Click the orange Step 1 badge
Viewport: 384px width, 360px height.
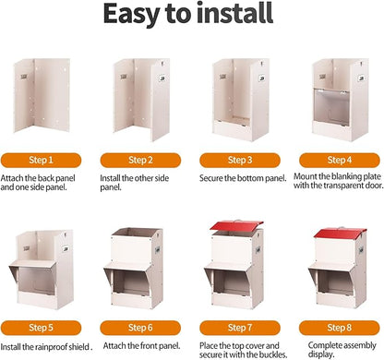click(x=41, y=161)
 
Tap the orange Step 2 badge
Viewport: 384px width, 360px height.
click(x=140, y=161)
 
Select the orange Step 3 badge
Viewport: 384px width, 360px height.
click(x=240, y=161)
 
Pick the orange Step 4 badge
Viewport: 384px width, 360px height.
click(x=340, y=161)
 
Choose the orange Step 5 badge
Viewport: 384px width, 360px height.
click(x=41, y=328)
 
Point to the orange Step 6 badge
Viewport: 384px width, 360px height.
click(x=140, y=328)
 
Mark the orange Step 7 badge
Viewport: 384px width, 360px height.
click(x=240, y=328)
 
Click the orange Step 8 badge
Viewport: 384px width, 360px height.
click(x=340, y=328)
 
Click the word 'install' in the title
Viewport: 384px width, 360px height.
click(x=235, y=13)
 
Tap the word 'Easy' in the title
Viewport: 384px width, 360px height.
click(x=131, y=15)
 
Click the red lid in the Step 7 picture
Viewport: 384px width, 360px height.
click(x=236, y=225)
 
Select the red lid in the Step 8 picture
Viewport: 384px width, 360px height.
click(x=340, y=233)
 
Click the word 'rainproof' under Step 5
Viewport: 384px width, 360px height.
click(x=49, y=347)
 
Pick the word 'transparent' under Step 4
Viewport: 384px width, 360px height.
click(x=347, y=186)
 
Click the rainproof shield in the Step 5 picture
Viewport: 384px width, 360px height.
click(x=32, y=265)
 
